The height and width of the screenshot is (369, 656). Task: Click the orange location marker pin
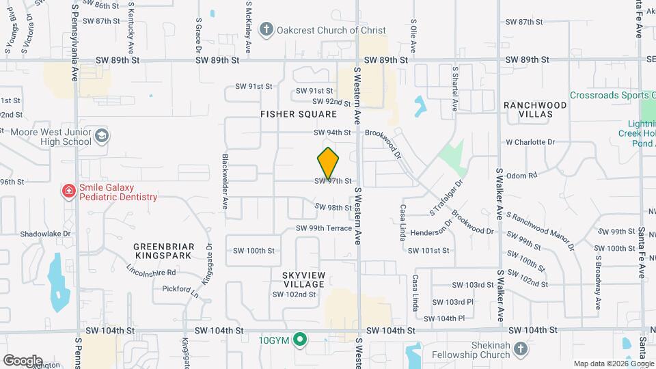coord(328,162)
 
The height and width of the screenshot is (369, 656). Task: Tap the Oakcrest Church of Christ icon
coord(266,30)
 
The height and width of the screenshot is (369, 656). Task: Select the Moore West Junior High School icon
coord(102,136)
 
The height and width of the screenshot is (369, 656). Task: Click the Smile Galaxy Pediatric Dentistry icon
coord(68,191)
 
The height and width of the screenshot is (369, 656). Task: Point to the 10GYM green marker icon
coord(299,339)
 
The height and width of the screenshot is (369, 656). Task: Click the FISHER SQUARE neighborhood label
coord(299,114)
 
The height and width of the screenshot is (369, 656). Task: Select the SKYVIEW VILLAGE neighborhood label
coord(298,279)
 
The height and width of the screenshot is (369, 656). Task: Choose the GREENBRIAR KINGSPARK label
coord(164,251)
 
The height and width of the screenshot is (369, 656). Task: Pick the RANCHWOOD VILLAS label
coord(535,109)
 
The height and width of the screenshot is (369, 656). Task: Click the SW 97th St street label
coord(333,181)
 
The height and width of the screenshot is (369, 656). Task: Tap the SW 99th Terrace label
coord(323,228)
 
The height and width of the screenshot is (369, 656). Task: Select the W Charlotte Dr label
coord(530,142)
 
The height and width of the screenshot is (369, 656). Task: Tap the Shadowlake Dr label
coord(45,233)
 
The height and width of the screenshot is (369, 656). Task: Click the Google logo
coord(23,361)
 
